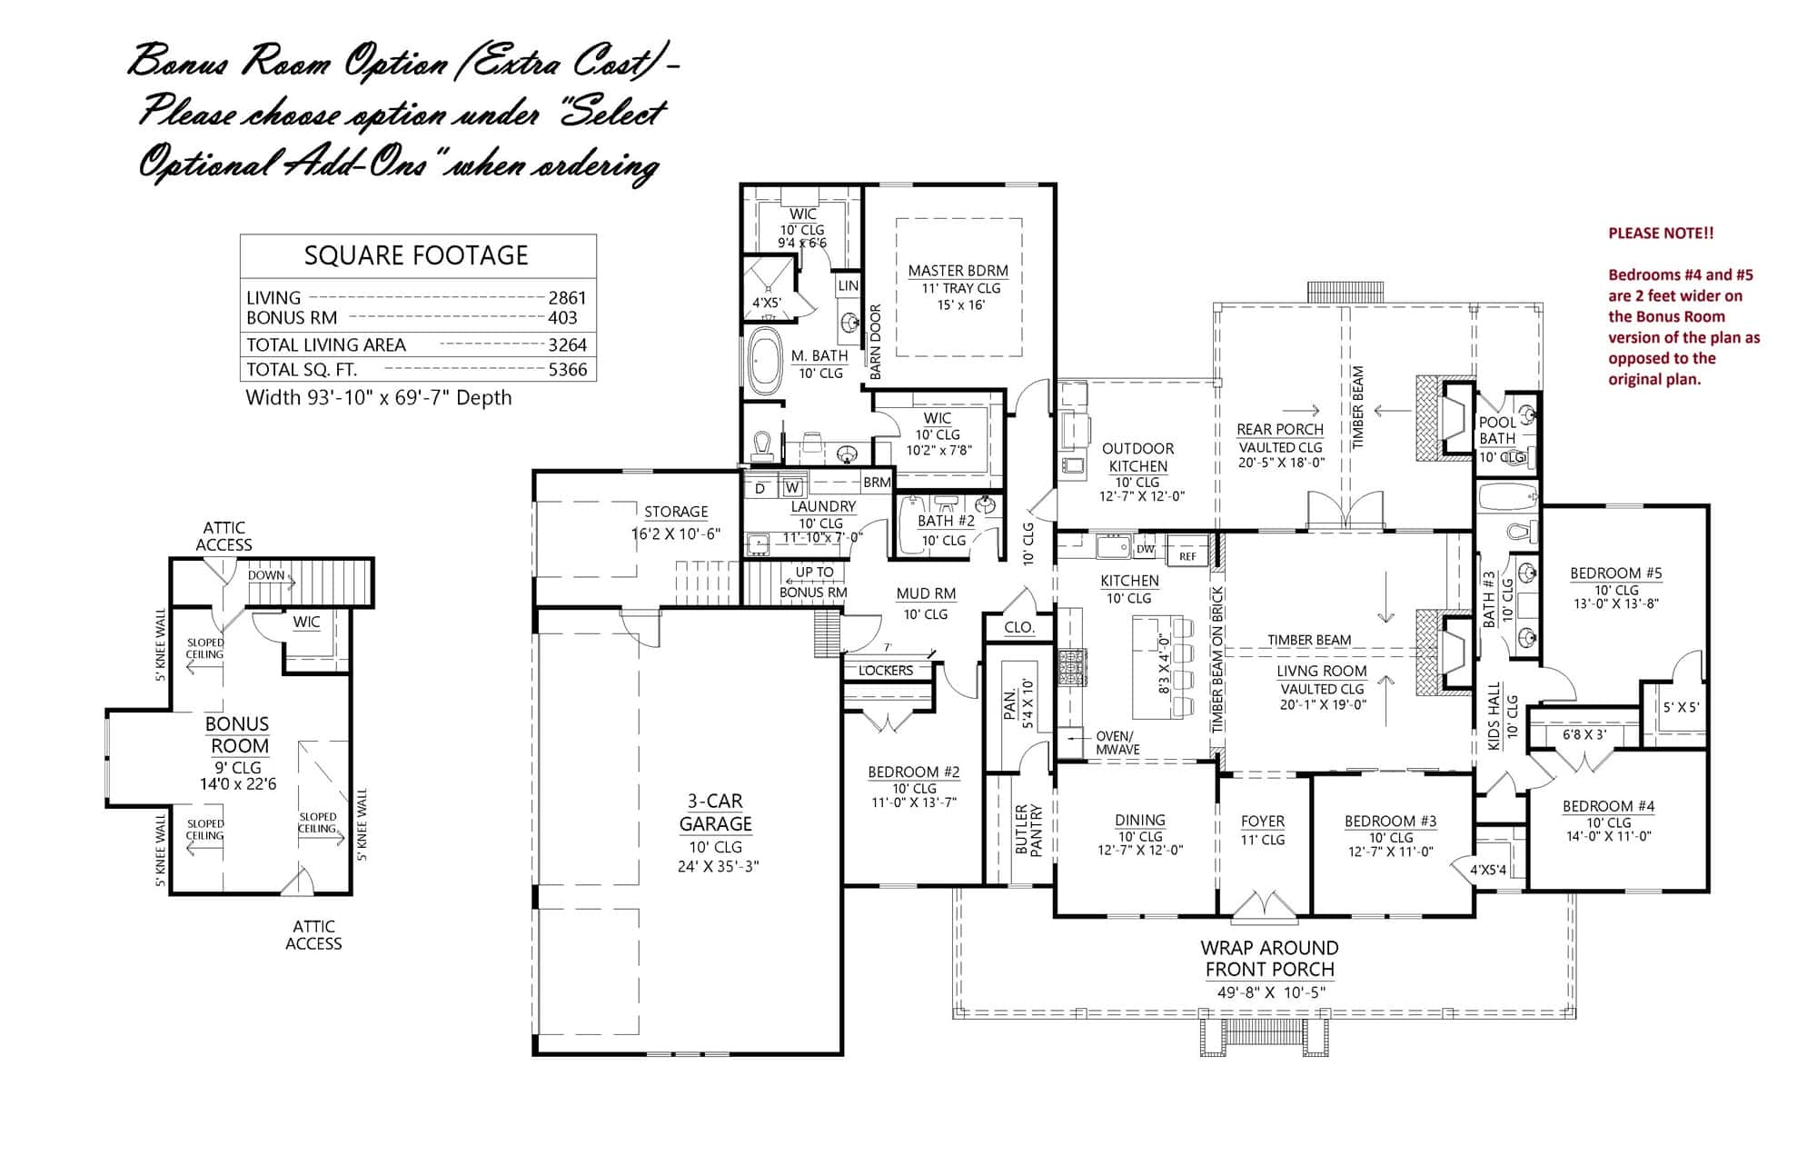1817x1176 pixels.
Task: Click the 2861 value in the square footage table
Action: tap(567, 298)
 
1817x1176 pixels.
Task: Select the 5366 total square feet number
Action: tap(567, 370)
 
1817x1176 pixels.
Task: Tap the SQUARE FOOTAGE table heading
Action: tap(416, 255)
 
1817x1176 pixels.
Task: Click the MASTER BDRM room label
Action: tap(958, 271)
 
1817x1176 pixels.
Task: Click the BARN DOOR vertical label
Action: tap(876, 342)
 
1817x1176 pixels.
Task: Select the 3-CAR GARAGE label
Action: tap(715, 812)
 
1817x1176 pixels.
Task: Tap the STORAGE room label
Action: tap(675, 512)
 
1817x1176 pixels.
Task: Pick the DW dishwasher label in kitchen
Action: tap(1145, 549)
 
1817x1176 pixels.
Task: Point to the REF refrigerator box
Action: tap(1187, 555)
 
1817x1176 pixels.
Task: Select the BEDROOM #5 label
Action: tap(1615, 573)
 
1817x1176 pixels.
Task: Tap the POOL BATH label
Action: tap(1497, 430)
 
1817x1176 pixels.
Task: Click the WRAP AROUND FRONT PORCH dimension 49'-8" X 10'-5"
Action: tap(1270, 992)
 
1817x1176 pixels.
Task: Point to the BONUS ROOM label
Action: tap(237, 735)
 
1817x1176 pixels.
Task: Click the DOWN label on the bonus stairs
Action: tap(266, 575)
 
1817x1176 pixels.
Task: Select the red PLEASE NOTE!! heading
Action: tap(1661, 234)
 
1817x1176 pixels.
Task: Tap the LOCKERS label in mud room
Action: tap(885, 671)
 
